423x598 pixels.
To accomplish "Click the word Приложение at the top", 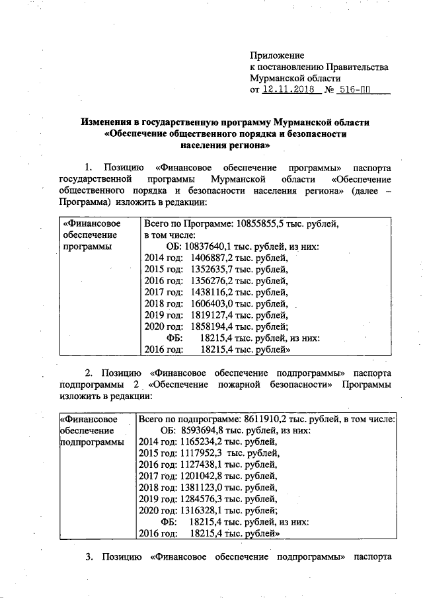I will [x=276, y=56].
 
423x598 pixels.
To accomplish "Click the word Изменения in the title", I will [x=108, y=122].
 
